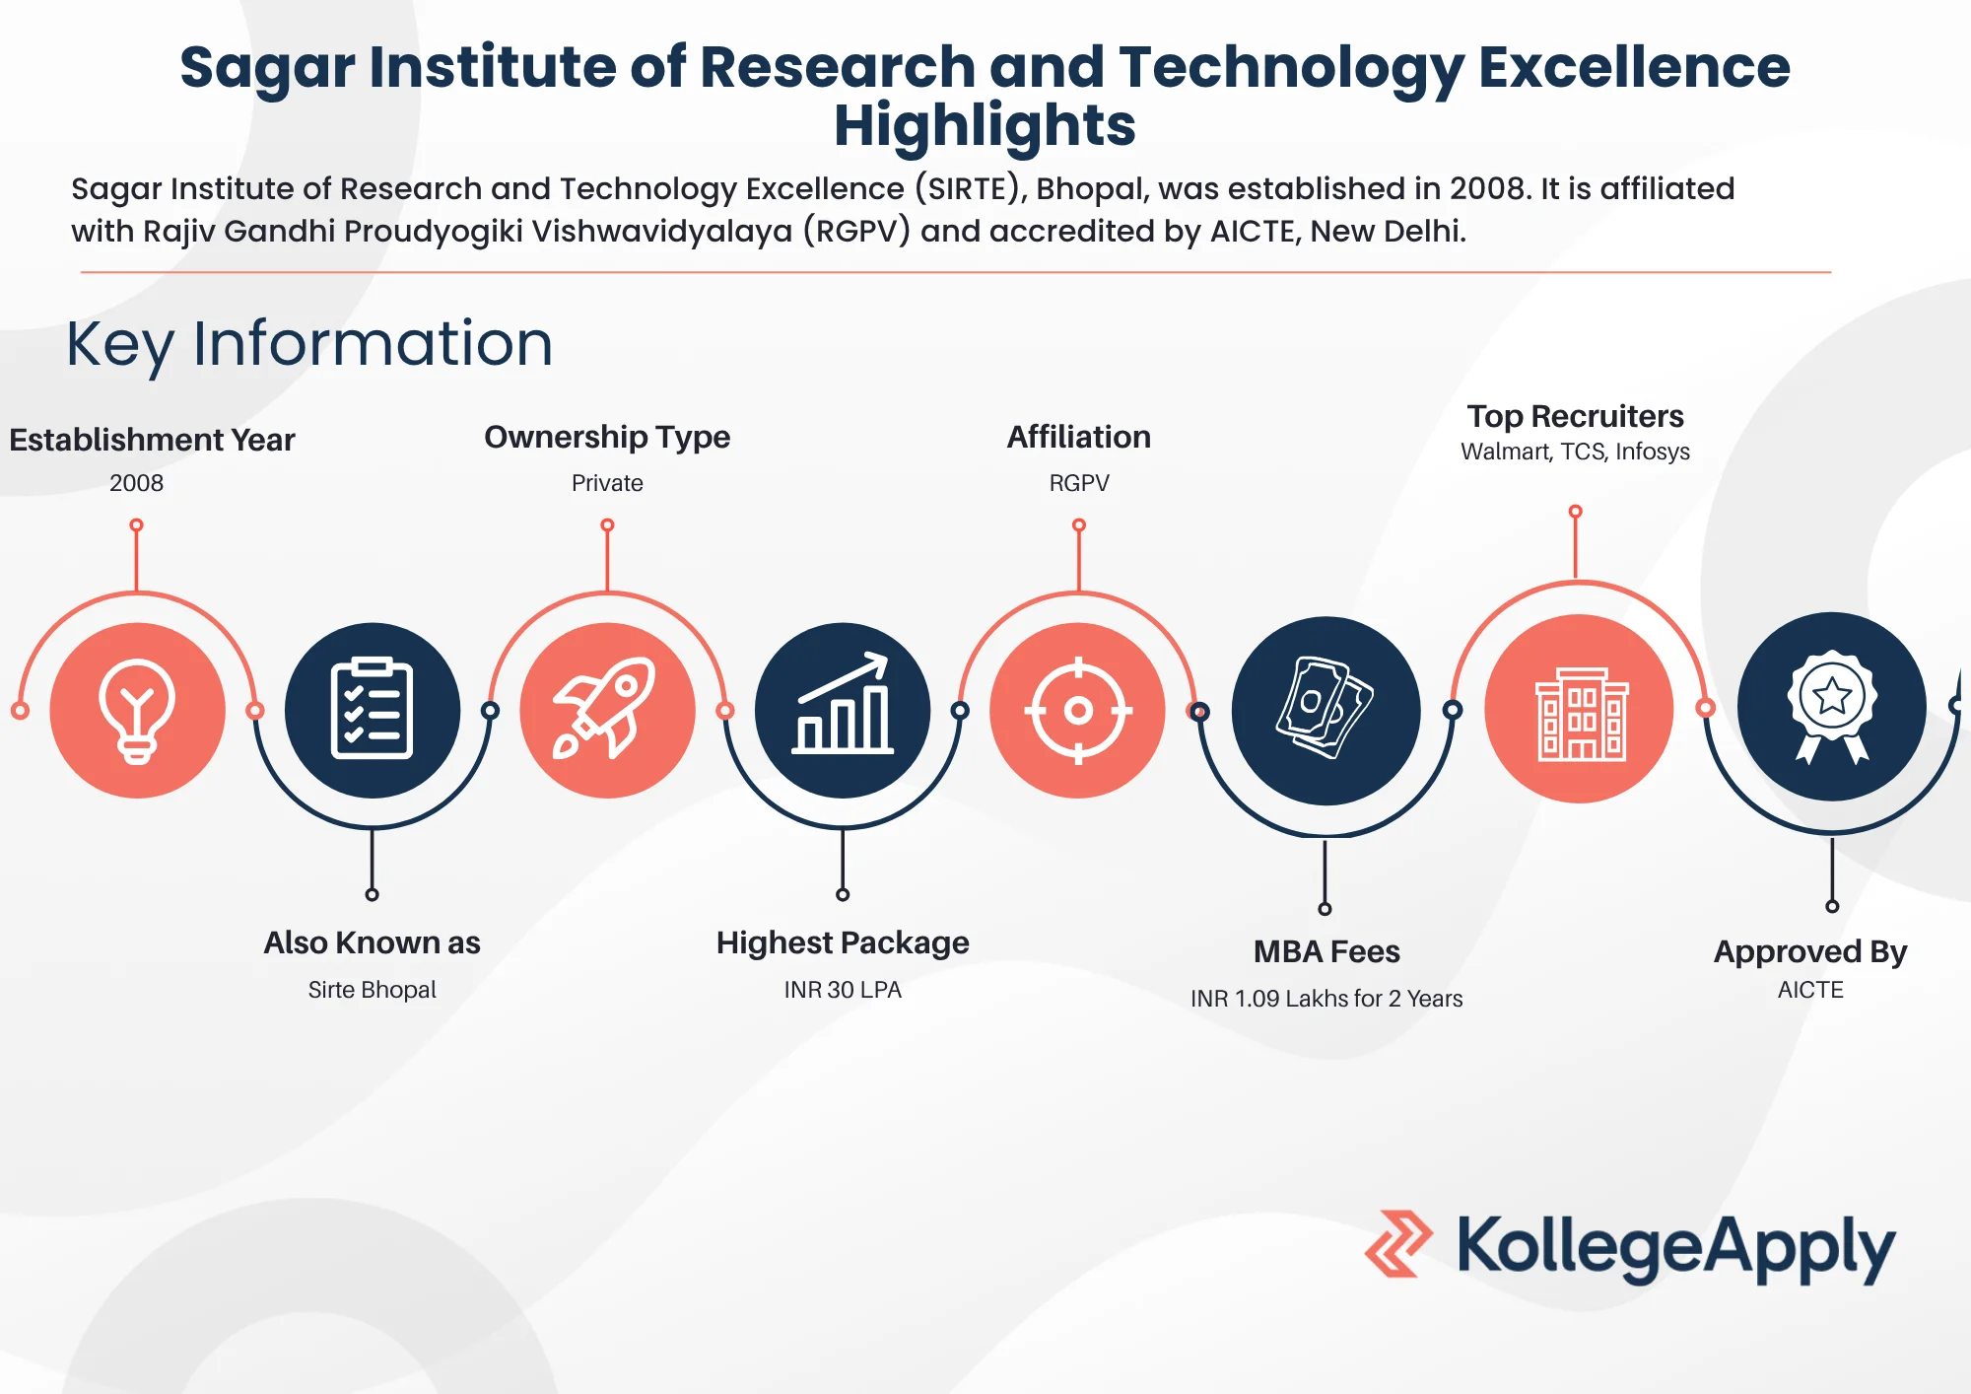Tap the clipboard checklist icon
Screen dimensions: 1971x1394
[x=372, y=708]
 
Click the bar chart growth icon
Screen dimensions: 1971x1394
[x=843, y=704]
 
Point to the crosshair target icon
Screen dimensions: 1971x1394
[x=1078, y=710]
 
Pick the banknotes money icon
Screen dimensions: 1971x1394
[x=1325, y=708]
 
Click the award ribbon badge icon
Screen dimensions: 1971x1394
[x=1832, y=706]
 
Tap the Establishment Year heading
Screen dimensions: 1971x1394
[x=152, y=440]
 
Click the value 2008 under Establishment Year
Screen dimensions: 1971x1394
[x=136, y=483]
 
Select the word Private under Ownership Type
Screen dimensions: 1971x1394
[x=607, y=483]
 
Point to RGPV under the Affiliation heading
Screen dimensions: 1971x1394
[x=1079, y=483]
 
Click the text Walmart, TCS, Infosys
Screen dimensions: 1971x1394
[x=1575, y=452]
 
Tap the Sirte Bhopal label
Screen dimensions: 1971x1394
[x=372, y=990]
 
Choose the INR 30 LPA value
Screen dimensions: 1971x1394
[x=843, y=990]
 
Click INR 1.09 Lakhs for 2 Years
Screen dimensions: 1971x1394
[x=1326, y=999]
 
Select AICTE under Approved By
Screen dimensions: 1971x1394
[x=1810, y=990]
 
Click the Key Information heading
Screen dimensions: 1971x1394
[x=309, y=344]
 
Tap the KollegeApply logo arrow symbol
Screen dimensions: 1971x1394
[x=1398, y=1244]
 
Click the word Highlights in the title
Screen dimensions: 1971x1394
[x=985, y=126]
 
